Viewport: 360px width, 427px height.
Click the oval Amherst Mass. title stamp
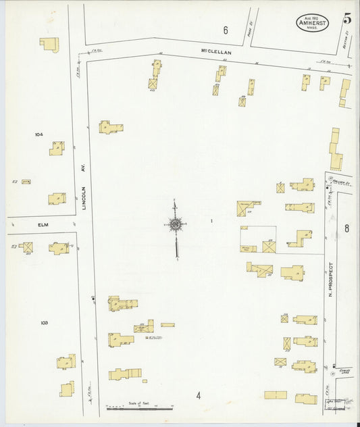pyautogui.click(x=312, y=22)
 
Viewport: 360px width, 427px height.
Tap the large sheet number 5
pyautogui.click(x=346, y=20)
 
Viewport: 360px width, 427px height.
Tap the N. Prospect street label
pyautogui.click(x=331, y=279)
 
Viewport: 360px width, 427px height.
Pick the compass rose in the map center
pyautogui.click(x=175, y=224)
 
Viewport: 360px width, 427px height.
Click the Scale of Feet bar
pyautogui.click(x=140, y=408)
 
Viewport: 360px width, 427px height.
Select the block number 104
pyautogui.click(x=38, y=134)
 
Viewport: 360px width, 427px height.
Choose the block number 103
pyautogui.click(x=44, y=323)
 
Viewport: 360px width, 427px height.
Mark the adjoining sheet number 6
pyautogui.click(x=226, y=29)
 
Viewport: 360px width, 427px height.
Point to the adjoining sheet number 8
pyautogui.click(x=346, y=229)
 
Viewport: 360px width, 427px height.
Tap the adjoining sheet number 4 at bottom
pyautogui.click(x=199, y=395)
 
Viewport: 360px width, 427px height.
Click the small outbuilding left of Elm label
pyautogui.click(x=27, y=181)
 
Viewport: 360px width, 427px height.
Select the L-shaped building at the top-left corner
pyautogui.click(x=49, y=44)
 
